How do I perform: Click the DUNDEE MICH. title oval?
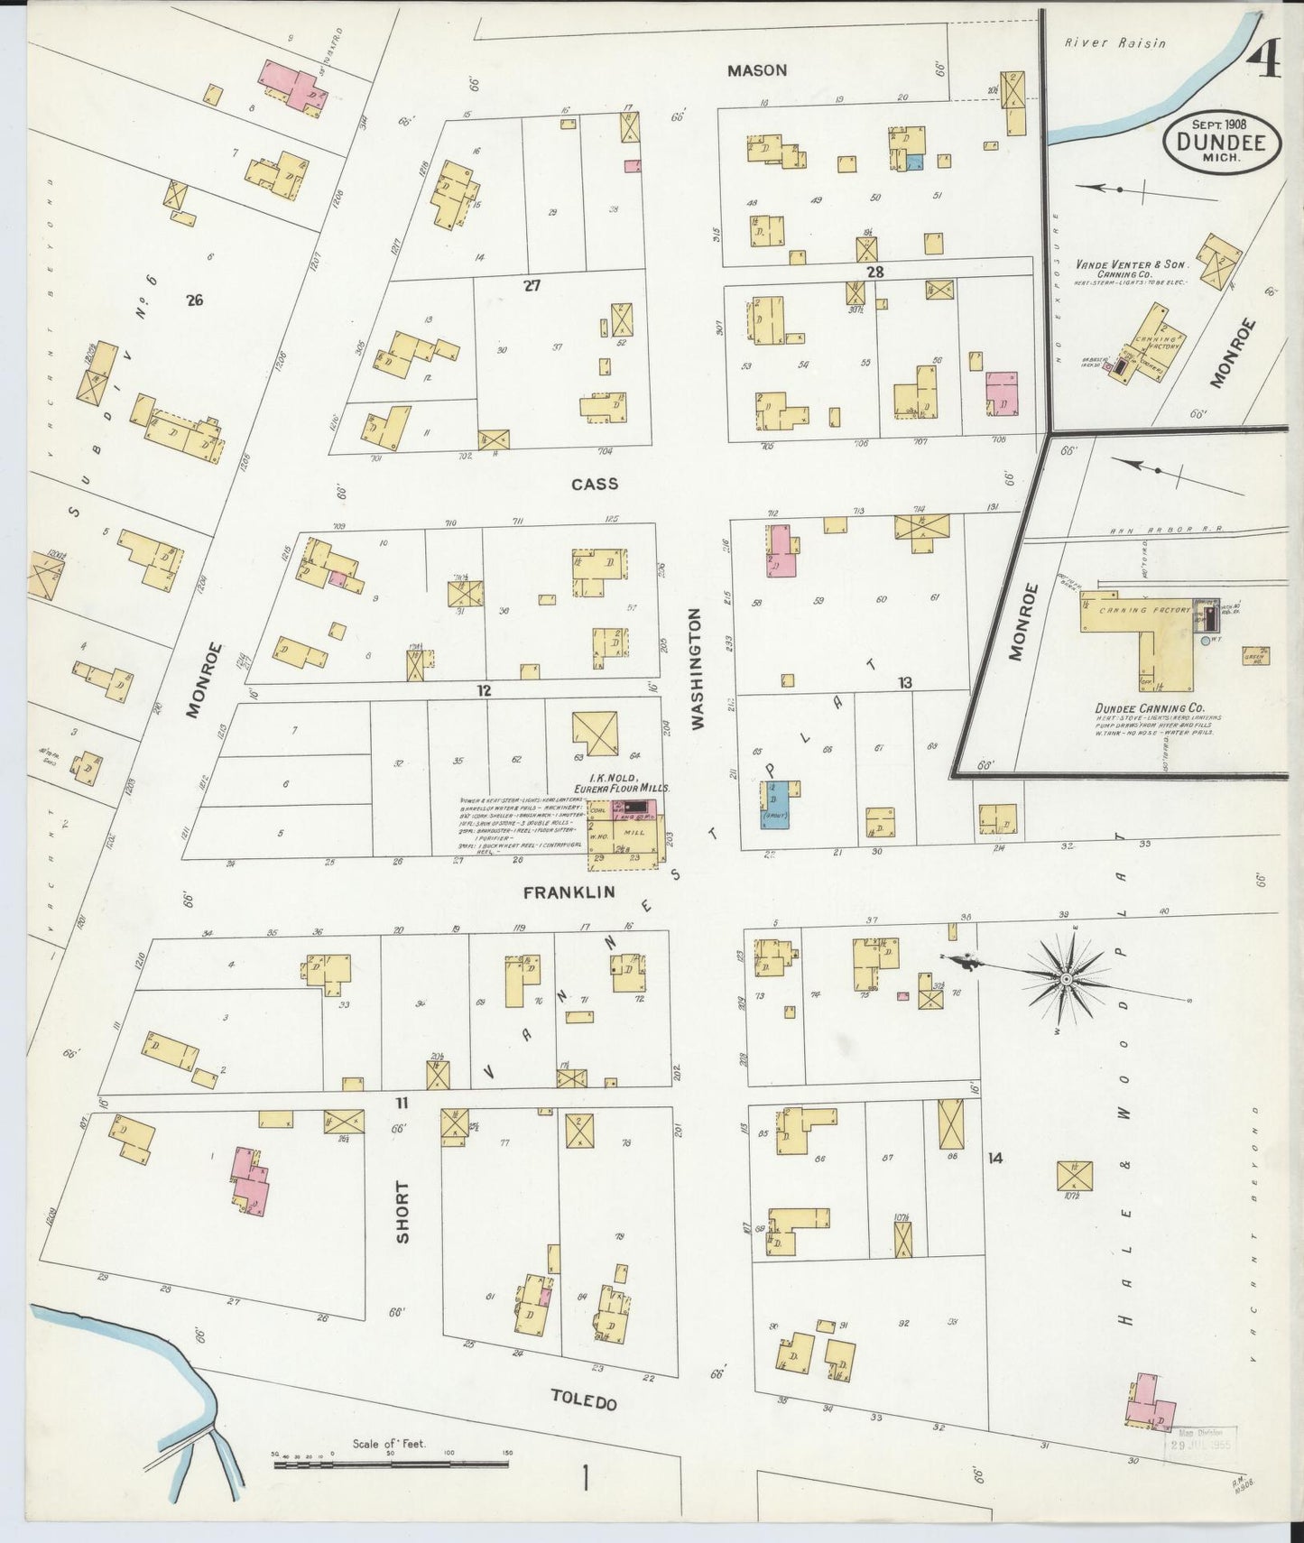(x=1220, y=141)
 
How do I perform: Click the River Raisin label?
(x=1114, y=42)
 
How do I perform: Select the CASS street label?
(x=595, y=484)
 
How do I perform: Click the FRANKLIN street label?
(x=569, y=892)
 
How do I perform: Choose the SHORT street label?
(x=402, y=1212)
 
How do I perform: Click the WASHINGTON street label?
(x=696, y=668)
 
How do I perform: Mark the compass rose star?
(x=1065, y=978)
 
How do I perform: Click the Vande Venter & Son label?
(x=1132, y=264)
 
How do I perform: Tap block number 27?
(x=532, y=285)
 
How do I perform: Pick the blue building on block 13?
(x=776, y=807)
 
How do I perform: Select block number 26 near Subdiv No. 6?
(x=193, y=300)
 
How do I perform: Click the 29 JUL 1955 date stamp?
(x=1200, y=1469)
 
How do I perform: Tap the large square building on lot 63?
(x=596, y=734)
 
